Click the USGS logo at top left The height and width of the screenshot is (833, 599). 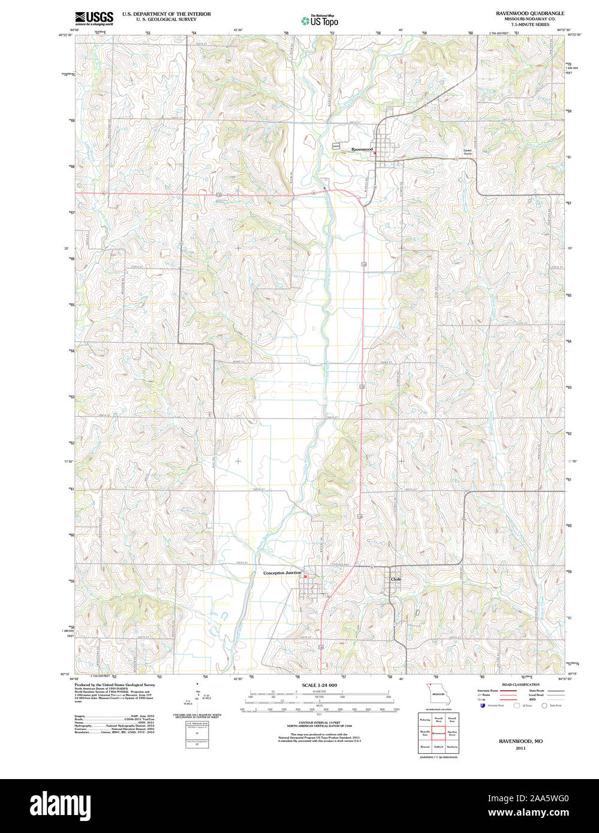tap(94, 18)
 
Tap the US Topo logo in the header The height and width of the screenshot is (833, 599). tap(320, 21)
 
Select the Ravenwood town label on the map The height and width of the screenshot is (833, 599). tap(362, 149)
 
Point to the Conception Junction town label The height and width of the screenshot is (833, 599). tap(282, 573)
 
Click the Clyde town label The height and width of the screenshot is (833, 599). tap(395, 580)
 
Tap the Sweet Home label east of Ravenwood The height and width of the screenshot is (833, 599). tap(467, 152)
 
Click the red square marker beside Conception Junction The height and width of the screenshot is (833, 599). tap(305, 577)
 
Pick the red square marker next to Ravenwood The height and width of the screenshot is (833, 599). tap(375, 153)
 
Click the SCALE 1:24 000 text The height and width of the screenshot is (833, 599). tap(319, 685)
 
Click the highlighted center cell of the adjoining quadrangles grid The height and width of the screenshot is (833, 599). tap(438, 733)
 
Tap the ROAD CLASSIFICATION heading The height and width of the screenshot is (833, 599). tap(520, 684)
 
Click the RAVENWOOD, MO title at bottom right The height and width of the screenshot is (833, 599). tap(520, 741)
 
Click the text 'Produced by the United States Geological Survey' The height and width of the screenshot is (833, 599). tap(115, 684)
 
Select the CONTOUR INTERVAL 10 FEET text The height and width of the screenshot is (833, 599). tap(319, 724)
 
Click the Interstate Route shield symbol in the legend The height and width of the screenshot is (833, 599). tap(482, 705)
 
